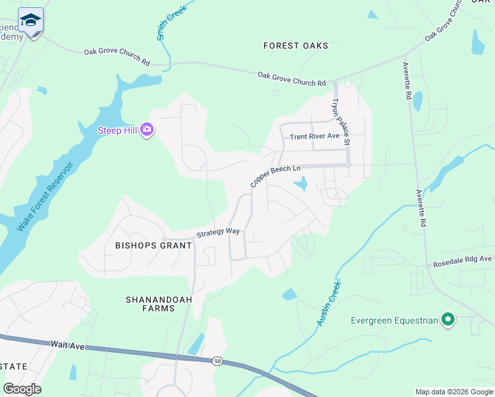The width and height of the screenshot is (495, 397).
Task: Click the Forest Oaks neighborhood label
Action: point(295,46)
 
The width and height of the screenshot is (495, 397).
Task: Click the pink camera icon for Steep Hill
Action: point(147,131)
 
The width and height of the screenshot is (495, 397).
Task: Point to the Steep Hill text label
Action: point(117,130)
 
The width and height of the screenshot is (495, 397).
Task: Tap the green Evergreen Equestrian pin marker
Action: point(449,321)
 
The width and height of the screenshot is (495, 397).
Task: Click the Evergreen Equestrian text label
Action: point(394,321)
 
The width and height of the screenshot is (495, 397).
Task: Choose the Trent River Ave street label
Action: point(314,136)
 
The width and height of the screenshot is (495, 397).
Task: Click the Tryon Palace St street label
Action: point(340,122)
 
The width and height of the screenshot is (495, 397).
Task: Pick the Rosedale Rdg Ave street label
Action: point(463,260)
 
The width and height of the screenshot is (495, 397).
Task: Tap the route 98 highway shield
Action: point(217,361)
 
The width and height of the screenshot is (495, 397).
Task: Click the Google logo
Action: point(22,388)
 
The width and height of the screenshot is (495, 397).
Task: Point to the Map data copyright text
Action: point(453,392)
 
